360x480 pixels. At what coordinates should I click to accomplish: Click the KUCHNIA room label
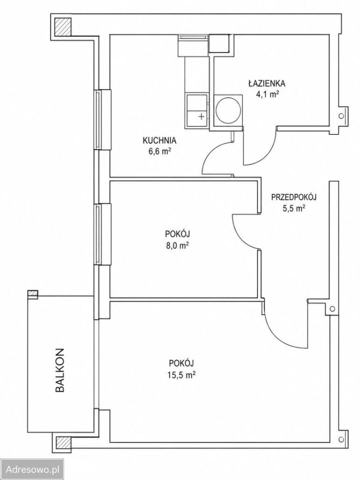click(x=159, y=140)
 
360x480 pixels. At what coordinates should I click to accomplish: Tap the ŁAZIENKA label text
click(x=267, y=83)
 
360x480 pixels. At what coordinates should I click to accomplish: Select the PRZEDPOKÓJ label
click(x=294, y=197)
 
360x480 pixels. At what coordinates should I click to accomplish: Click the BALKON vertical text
click(x=60, y=370)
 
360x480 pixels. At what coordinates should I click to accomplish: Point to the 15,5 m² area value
click(x=182, y=374)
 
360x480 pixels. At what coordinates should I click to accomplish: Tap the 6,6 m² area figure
click(x=159, y=151)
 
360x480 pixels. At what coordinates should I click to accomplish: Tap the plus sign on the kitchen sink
click(x=201, y=116)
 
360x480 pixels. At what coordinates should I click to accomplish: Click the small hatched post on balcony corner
click(x=32, y=294)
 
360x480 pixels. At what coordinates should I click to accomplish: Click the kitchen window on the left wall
click(x=102, y=119)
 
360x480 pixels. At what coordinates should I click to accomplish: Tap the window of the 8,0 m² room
click(x=102, y=234)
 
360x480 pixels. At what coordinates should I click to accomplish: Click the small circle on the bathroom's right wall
click(x=341, y=115)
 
